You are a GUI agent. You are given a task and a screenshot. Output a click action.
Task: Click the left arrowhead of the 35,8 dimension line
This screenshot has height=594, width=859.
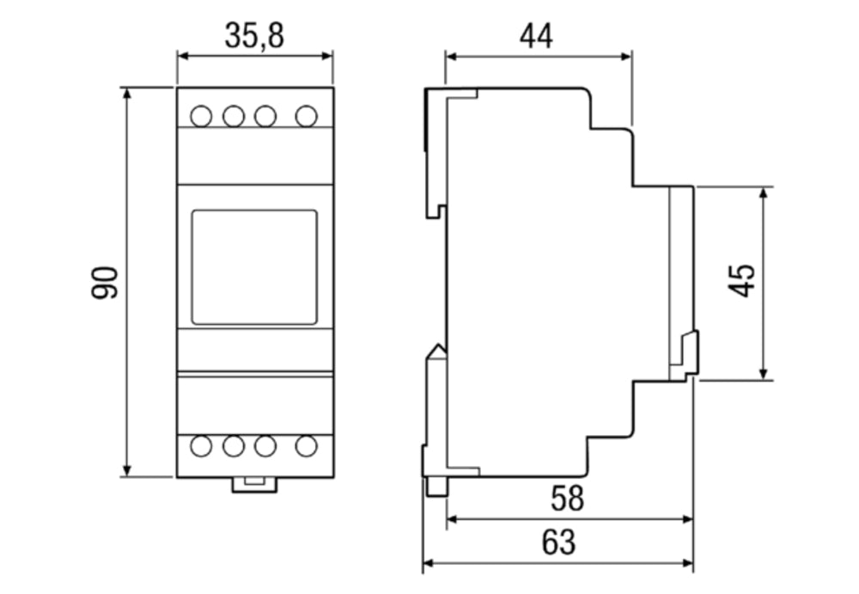pos(183,56)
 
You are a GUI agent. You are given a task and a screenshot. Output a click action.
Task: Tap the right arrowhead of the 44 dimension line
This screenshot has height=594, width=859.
pos(626,56)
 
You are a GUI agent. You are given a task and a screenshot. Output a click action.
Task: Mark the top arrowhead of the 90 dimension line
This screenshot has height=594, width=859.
pos(127,93)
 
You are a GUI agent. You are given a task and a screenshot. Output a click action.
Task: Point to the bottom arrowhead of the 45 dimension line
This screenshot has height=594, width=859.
pos(764,374)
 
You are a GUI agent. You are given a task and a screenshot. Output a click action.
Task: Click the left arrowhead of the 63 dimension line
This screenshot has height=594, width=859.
pos(429,563)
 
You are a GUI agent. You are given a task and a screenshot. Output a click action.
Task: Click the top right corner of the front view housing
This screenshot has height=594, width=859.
pos(333,88)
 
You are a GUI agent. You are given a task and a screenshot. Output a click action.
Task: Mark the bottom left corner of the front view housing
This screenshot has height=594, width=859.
pos(177,477)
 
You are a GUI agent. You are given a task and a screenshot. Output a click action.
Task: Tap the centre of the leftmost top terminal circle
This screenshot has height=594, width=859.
pos(201,116)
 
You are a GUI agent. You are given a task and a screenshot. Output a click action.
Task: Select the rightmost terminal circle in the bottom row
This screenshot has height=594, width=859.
pos(307,446)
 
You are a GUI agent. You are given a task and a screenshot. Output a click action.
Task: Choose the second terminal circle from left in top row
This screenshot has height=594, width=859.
pos(234,116)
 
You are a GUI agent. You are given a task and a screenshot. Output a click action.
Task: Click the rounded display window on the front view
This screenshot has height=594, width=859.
pos(254,267)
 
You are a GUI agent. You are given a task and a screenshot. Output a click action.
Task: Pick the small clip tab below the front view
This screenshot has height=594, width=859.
pos(255,485)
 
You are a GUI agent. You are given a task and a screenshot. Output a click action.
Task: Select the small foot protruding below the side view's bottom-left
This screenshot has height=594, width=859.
pos(436,487)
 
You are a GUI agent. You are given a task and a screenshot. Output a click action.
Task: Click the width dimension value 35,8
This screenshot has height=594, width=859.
pos(254,36)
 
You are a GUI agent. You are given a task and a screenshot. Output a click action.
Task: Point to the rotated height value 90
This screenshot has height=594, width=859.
pos(105,283)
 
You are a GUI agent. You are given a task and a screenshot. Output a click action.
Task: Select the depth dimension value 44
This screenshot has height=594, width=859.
pos(536,37)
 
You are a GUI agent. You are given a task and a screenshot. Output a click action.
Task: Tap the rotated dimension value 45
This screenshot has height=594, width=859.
pos(742,281)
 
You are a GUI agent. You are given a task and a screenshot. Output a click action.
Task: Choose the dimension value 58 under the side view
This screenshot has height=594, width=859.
pos(568,499)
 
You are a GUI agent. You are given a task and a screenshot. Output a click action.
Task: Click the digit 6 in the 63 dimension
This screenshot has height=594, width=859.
pos(550,542)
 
